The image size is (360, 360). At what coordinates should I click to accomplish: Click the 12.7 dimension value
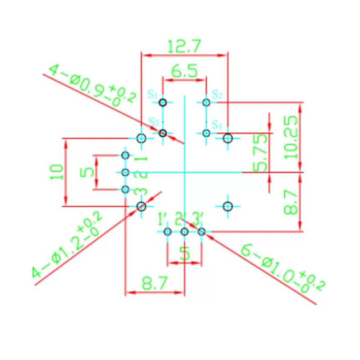184,46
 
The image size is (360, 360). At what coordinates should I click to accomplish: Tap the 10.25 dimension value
291,137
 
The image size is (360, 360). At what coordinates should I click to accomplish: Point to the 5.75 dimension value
260,152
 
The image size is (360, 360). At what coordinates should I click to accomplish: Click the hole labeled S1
163,102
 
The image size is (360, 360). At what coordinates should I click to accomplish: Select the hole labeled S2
206,102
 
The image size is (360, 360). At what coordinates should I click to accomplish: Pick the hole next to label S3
163,133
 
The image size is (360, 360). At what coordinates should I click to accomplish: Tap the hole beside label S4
206,133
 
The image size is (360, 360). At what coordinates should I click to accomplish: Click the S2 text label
217,94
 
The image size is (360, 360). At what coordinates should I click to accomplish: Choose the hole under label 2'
185,232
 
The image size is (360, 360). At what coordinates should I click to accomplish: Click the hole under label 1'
167,232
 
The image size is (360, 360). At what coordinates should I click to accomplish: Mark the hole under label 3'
202,232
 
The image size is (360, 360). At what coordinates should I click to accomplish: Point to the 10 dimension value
57,172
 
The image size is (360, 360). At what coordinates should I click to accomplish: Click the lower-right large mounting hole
228,206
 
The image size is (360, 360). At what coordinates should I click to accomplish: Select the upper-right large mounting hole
228,139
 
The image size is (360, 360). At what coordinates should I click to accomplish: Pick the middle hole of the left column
125,172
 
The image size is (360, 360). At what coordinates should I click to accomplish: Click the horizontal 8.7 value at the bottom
154,283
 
